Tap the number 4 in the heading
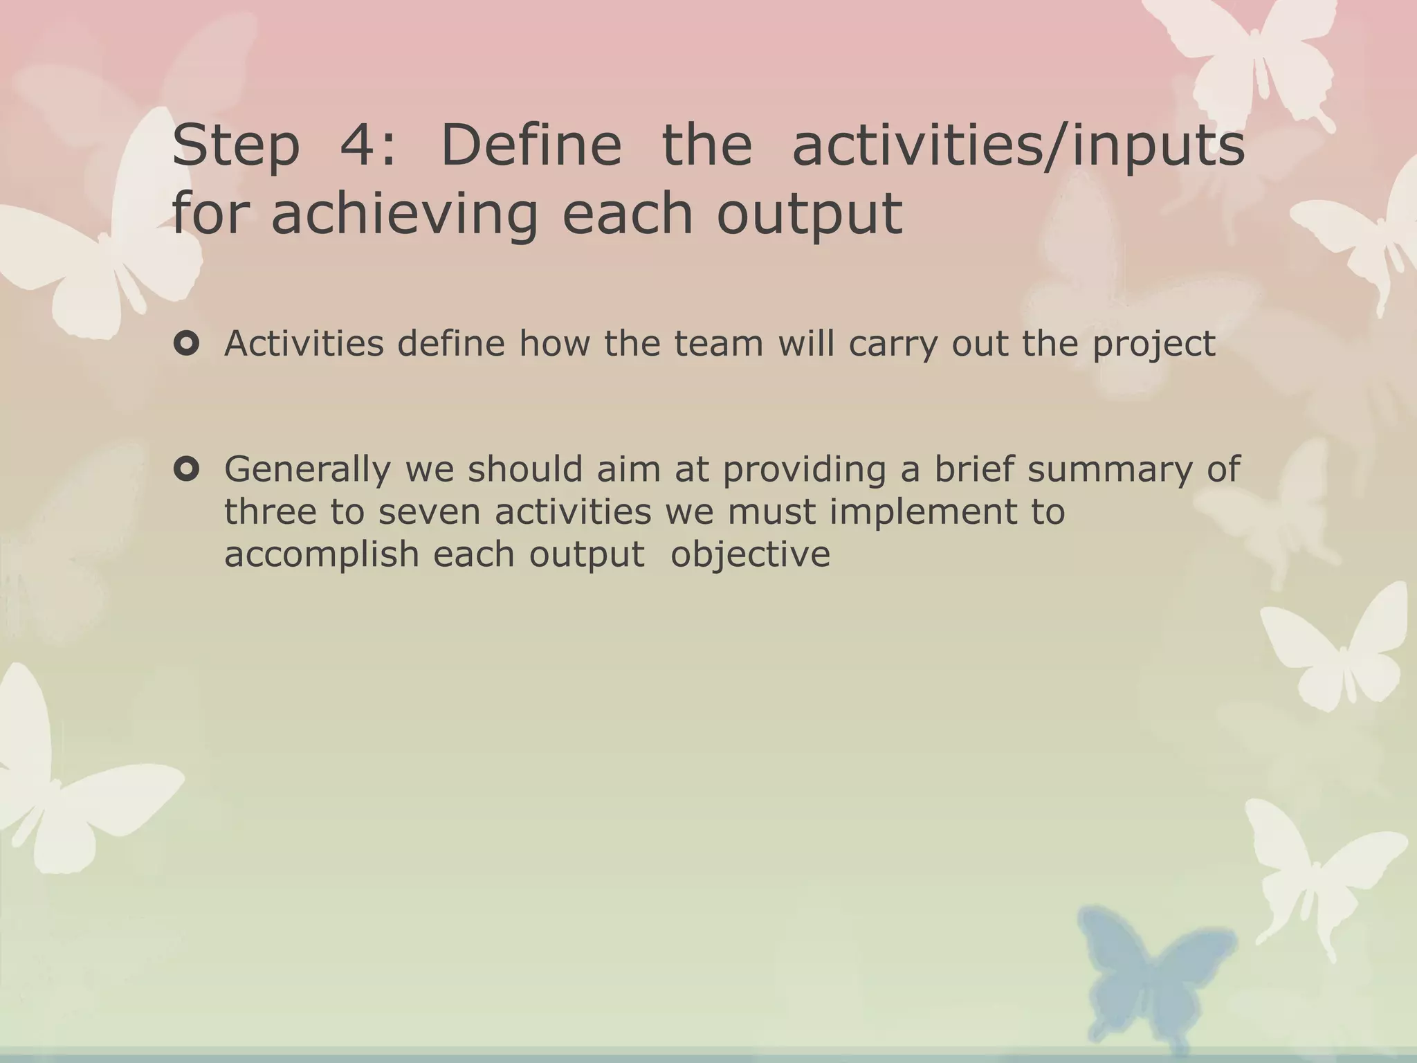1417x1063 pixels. (358, 145)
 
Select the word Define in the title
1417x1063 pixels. (531, 145)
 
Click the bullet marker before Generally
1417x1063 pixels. (187, 470)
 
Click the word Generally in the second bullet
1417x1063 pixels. (307, 471)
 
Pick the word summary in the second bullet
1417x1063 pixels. (1110, 471)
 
